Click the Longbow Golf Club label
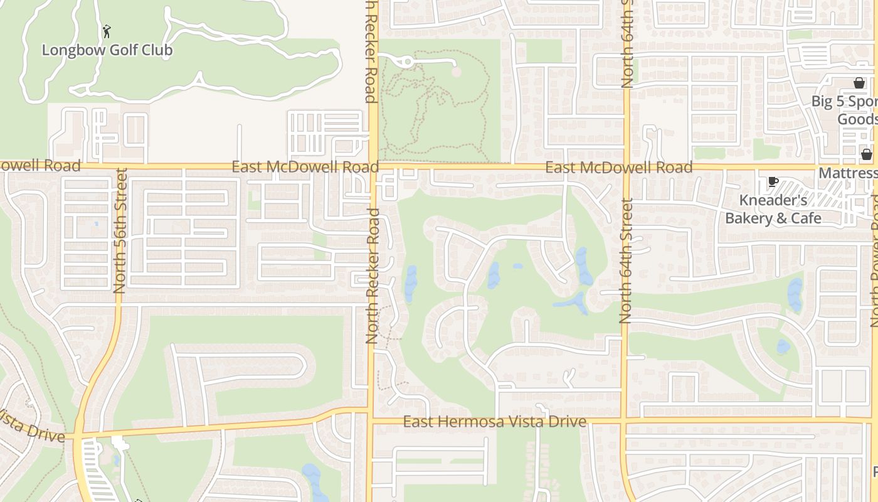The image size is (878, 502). point(107,50)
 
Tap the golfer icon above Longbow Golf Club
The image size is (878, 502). point(107,31)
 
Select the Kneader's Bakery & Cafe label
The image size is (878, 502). point(773,209)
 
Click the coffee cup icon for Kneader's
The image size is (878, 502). point(773,182)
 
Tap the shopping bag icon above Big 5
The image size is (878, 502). point(859,83)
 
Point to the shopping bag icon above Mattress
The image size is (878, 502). point(866,154)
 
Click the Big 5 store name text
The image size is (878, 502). point(844,110)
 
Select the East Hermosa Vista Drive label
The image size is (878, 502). point(494,422)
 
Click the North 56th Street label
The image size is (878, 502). point(120,231)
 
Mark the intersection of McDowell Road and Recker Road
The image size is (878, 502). point(373,167)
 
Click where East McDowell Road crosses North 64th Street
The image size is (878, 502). point(626,168)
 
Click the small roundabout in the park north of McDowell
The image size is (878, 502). point(408,61)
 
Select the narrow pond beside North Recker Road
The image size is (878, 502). point(411,283)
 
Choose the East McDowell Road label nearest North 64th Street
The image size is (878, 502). point(618,167)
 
